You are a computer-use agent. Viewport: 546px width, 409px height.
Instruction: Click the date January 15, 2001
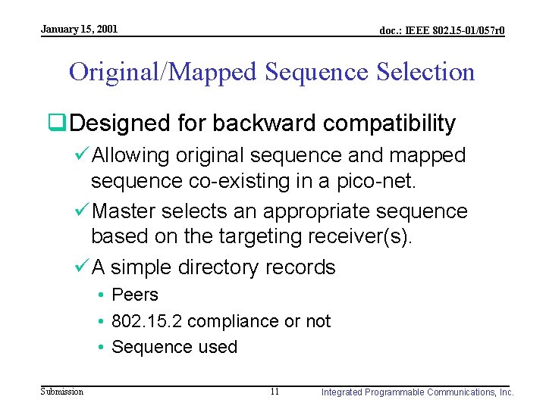pyautogui.click(x=79, y=29)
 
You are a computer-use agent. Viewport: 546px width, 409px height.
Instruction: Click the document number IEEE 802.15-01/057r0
pyautogui.click(x=442, y=31)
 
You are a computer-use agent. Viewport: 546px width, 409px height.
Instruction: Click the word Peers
pyautogui.click(x=135, y=295)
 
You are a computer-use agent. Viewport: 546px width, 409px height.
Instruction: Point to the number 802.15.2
pyautogui.click(x=146, y=321)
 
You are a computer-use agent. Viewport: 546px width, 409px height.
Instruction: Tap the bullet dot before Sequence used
pyautogui.click(x=100, y=347)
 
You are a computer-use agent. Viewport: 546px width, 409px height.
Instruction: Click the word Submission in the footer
pyautogui.click(x=62, y=392)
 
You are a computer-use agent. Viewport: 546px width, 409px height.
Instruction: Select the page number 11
pyautogui.click(x=274, y=392)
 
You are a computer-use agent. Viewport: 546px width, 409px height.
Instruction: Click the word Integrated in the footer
pyautogui.click(x=343, y=392)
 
